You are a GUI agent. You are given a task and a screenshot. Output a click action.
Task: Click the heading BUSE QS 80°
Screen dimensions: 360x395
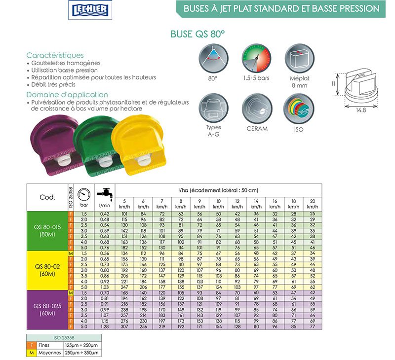197,35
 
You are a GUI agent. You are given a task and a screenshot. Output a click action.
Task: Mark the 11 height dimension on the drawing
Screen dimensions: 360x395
333,84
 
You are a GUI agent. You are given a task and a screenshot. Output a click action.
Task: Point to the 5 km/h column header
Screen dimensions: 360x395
124,203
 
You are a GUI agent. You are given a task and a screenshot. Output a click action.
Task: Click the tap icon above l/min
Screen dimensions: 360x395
105,193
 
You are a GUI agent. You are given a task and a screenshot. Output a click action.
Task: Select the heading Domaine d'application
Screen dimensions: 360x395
67,95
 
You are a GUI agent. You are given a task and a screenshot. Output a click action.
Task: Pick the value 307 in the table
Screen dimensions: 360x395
124,326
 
